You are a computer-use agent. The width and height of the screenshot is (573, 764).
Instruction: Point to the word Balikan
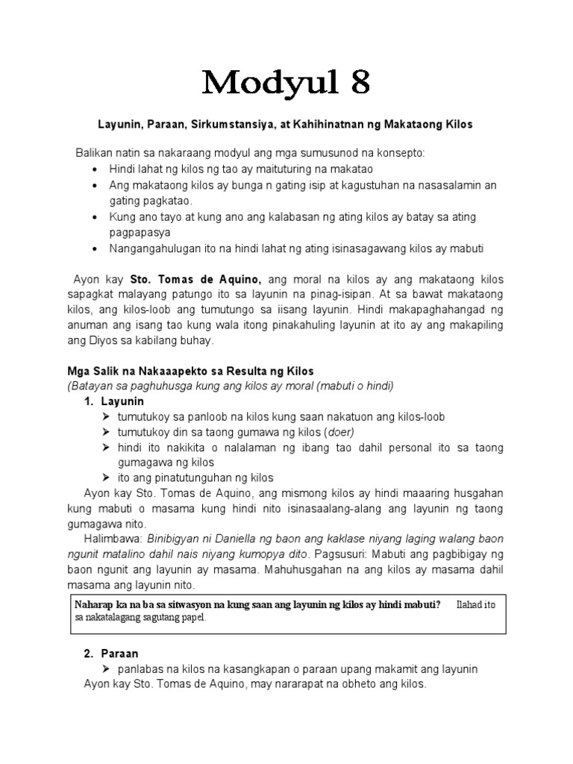tap(93, 152)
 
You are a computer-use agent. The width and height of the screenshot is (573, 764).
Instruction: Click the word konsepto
tap(399, 152)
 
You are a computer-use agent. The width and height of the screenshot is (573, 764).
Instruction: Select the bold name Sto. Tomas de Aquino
tap(195, 279)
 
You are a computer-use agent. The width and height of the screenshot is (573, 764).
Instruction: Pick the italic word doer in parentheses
tap(339, 432)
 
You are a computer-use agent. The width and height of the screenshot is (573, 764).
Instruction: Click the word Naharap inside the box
tap(93, 604)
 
